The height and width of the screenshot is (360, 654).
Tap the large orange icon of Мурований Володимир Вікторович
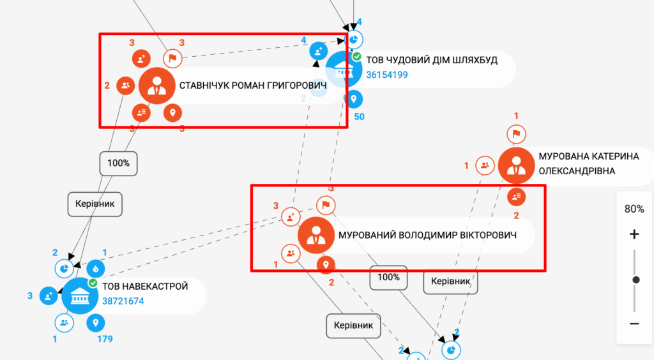pos(316,236)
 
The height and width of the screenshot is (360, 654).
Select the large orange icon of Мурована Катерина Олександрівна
pos(516,165)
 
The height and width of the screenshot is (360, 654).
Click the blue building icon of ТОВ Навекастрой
pos(80,296)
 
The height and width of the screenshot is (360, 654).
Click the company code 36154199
pos(387,75)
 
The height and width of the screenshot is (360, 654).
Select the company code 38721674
pos(123,301)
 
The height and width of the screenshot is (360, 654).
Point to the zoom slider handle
pos(635,280)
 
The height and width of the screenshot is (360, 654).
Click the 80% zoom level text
pos(634,209)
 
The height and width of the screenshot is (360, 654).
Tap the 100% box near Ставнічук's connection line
pos(118,163)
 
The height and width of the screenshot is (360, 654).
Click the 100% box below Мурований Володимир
pos(388,278)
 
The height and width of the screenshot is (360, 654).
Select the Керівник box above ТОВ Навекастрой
pos(95,204)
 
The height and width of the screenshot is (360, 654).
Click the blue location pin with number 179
pos(96,323)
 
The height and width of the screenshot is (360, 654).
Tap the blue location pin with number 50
pos(354,99)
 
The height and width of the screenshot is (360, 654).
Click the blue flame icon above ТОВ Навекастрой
pos(96,268)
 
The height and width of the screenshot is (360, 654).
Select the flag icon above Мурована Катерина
pos(516,134)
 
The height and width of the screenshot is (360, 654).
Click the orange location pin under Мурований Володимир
pos(326,264)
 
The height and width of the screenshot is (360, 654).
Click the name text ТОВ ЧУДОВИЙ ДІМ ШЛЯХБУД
pos(432,60)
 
